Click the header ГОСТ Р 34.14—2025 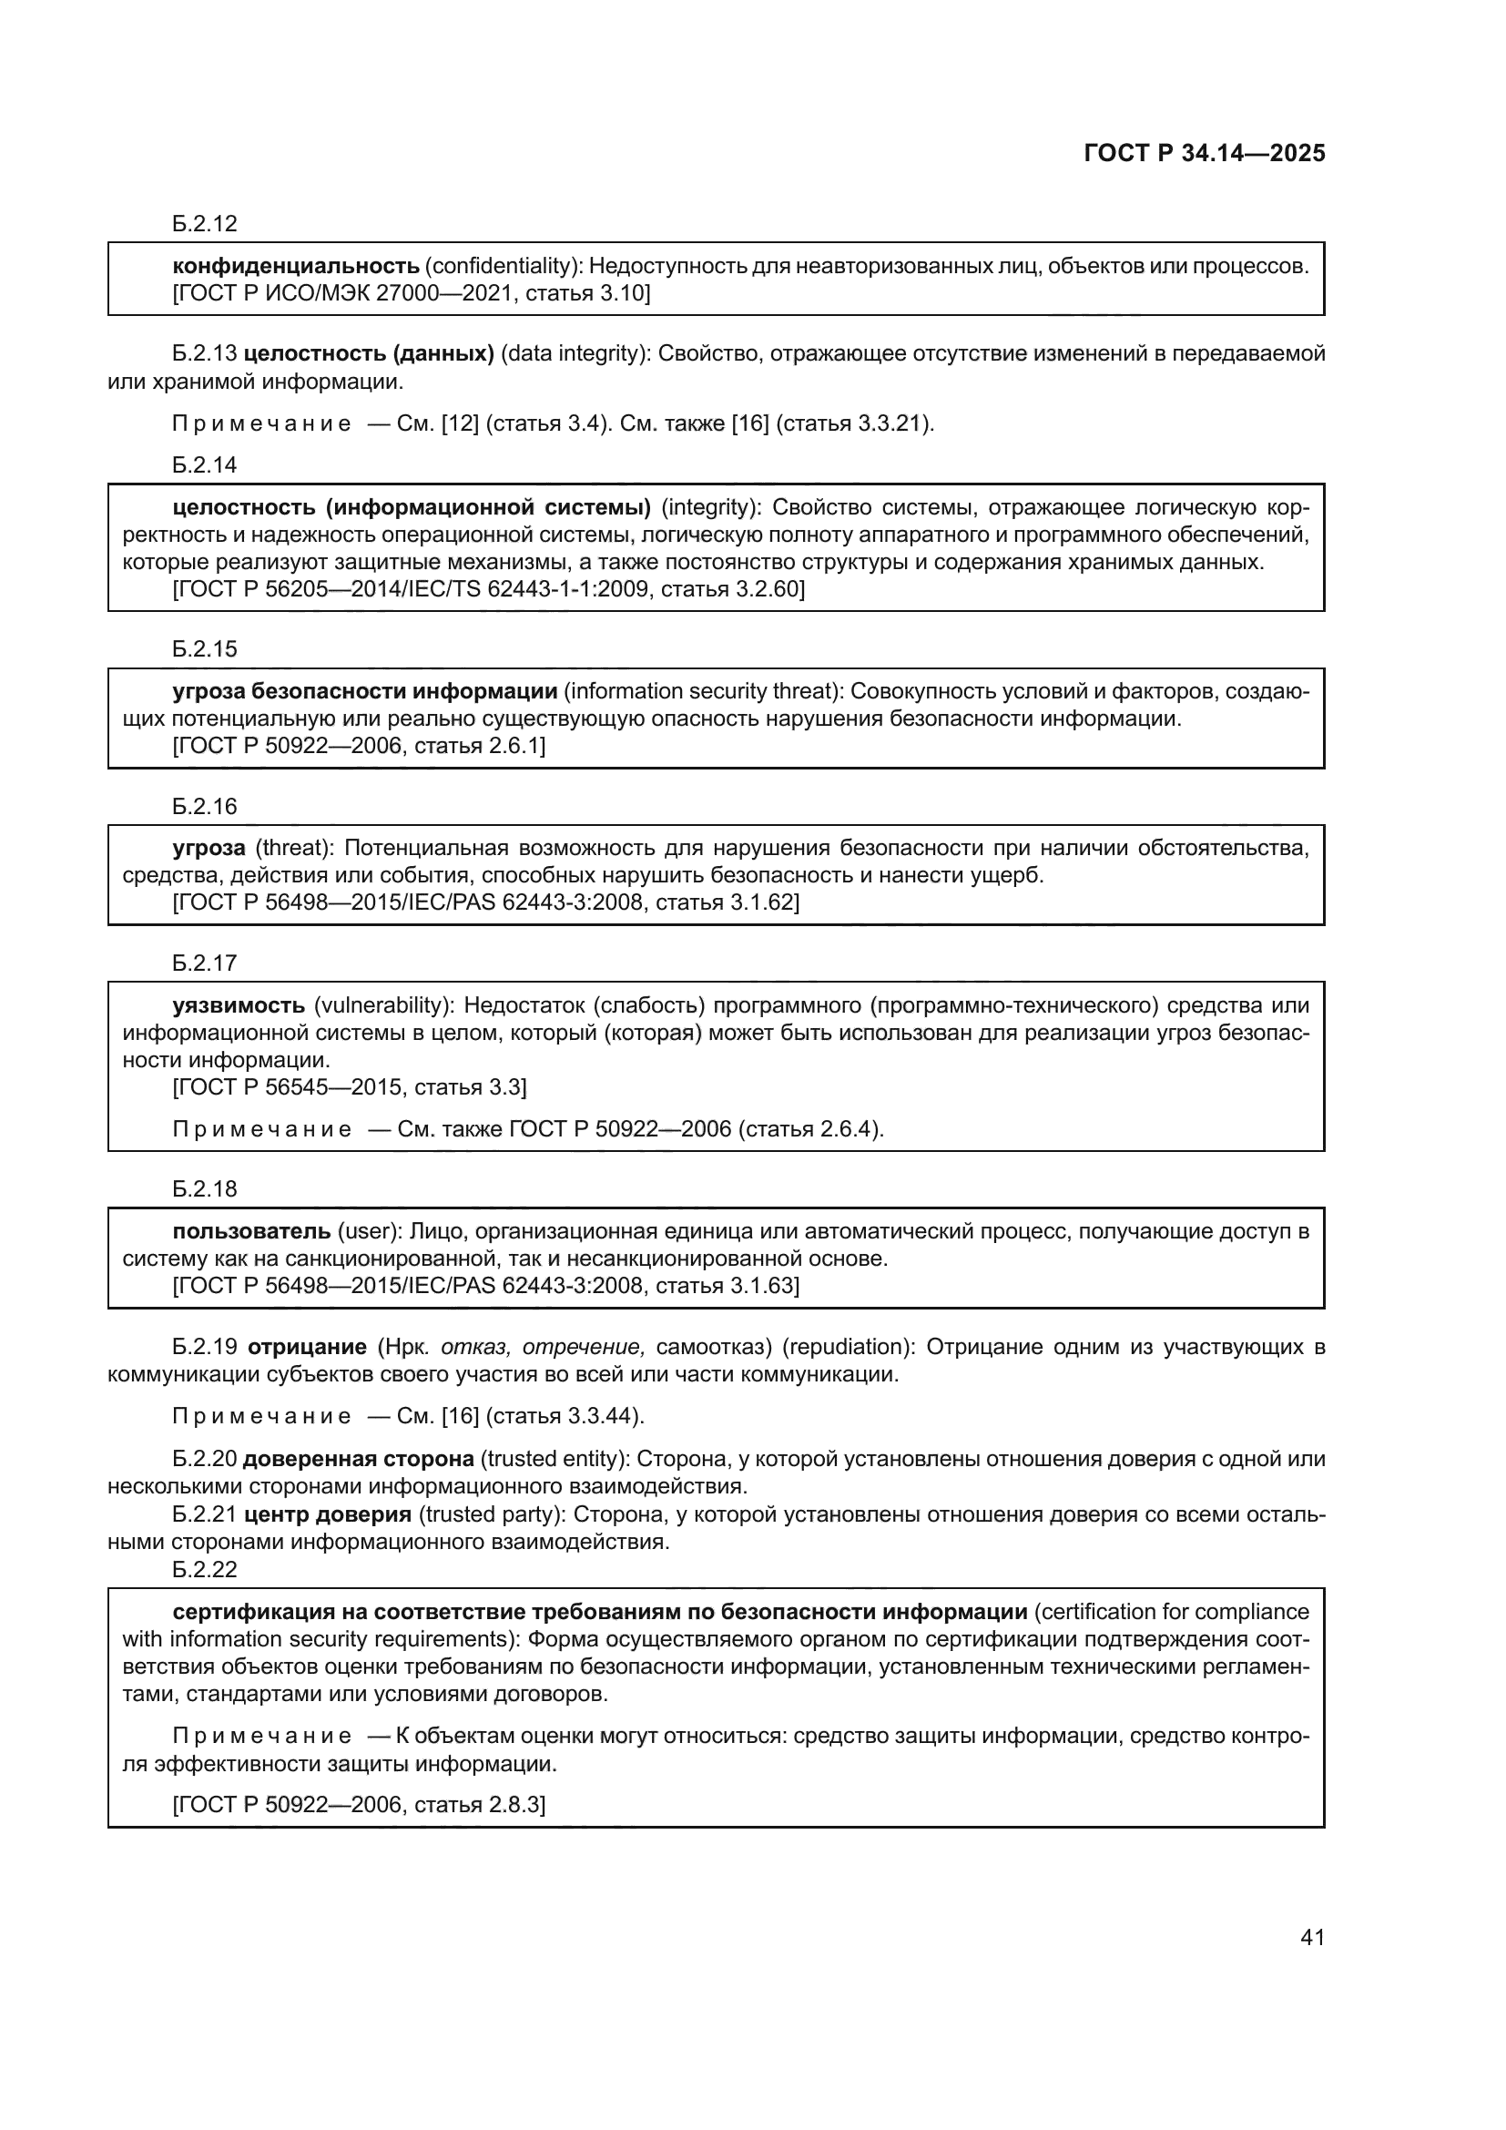pos(1204,154)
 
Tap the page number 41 pos(1312,1937)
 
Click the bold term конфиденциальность pos(297,266)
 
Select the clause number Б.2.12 pos(205,224)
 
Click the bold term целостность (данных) pos(368,353)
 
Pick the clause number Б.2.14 pos(205,464)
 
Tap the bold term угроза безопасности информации pos(364,691)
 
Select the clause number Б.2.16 pos(205,806)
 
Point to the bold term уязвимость pos(239,1005)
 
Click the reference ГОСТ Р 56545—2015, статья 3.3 pos(350,1087)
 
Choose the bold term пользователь pos(251,1231)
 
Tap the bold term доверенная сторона pos(358,1459)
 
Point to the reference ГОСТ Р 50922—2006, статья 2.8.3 pos(359,1804)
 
